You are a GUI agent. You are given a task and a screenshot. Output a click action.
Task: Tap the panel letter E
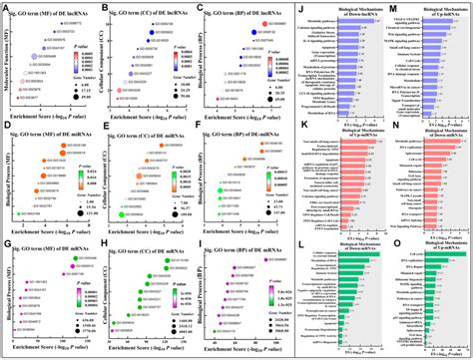click(106, 127)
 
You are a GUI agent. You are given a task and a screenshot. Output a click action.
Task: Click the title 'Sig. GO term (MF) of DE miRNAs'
click(58, 126)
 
